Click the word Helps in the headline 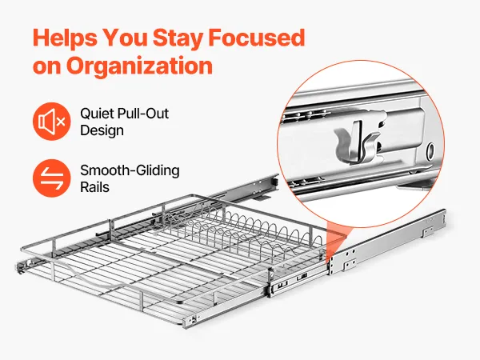[65, 38]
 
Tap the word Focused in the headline [257, 38]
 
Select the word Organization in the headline [139, 66]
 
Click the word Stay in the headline [178, 38]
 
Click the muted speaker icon [51, 122]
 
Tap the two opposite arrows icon [51, 178]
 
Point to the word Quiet [98, 114]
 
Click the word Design [102, 130]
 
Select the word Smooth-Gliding [130, 170]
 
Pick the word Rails [94, 187]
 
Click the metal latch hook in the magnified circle [357, 142]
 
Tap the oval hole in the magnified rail [430, 150]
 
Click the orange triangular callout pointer [335, 242]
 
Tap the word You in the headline [126, 38]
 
